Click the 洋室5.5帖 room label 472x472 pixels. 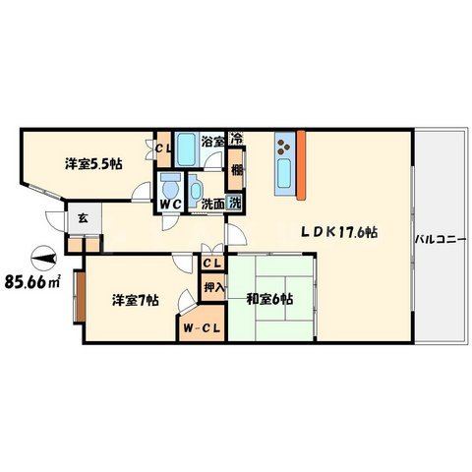click(93, 164)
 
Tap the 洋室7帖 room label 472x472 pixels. click(136, 300)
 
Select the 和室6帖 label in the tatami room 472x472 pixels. click(269, 299)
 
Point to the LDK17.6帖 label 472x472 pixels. click(339, 232)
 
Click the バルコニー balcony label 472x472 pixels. click(441, 240)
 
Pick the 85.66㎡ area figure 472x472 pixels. click(31, 281)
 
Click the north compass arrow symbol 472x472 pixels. click(43, 259)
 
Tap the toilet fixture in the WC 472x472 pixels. click(171, 186)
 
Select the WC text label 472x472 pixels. click(170, 205)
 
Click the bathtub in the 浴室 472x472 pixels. click(186, 149)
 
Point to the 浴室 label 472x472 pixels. click(212, 142)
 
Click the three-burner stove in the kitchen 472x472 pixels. click(284, 147)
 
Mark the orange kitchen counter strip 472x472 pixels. click(301, 165)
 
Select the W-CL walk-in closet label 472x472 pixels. click(202, 328)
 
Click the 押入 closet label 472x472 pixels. click(214, 287)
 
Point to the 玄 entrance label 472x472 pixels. click(83, 218)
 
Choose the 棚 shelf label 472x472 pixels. click(237, 170)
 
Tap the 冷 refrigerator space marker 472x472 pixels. click(237, 139)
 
